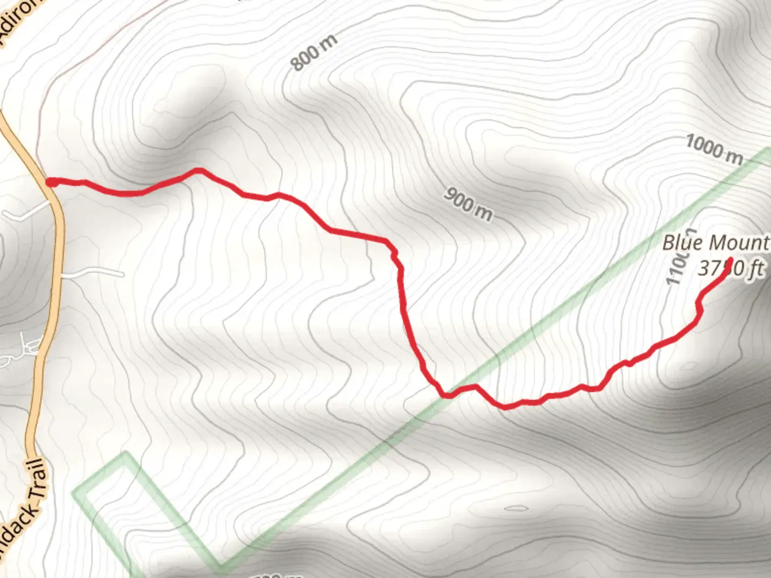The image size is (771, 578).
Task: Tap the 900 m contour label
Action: [x=467, y=204]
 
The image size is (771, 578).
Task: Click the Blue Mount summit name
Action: [x=715, y=243]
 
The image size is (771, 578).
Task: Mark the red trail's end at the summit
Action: [x=729, y=268]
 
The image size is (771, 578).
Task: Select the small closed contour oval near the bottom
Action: [x=515, y=508]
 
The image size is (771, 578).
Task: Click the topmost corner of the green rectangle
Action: [x=125, y=455]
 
